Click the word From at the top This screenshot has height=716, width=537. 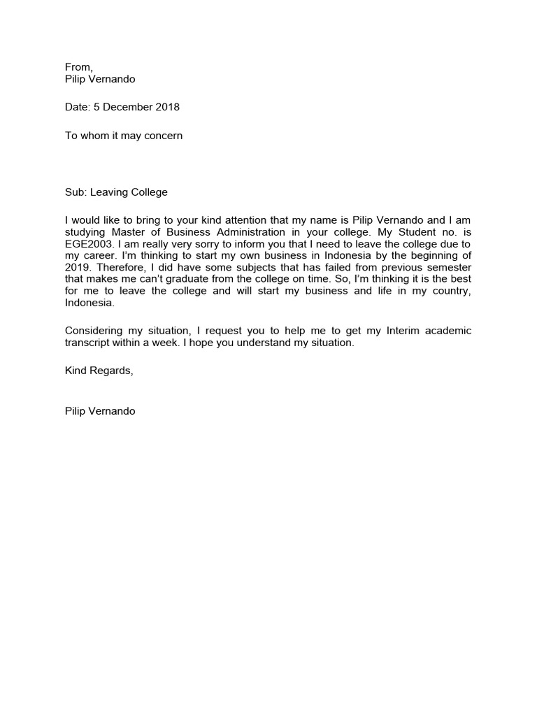pos(78,67)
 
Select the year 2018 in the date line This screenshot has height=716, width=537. pos(168,107)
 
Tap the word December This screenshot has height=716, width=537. pos(127,107)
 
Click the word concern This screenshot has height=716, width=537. pos(163,136)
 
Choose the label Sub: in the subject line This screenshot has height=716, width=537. pos(76,192)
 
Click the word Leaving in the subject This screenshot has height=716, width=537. pos(108,192)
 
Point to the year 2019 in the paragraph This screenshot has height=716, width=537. pos(77,268)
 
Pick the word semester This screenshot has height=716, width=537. pos(449,268)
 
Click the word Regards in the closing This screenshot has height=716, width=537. pos(111,371)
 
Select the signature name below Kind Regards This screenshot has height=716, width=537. pos(100,411)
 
